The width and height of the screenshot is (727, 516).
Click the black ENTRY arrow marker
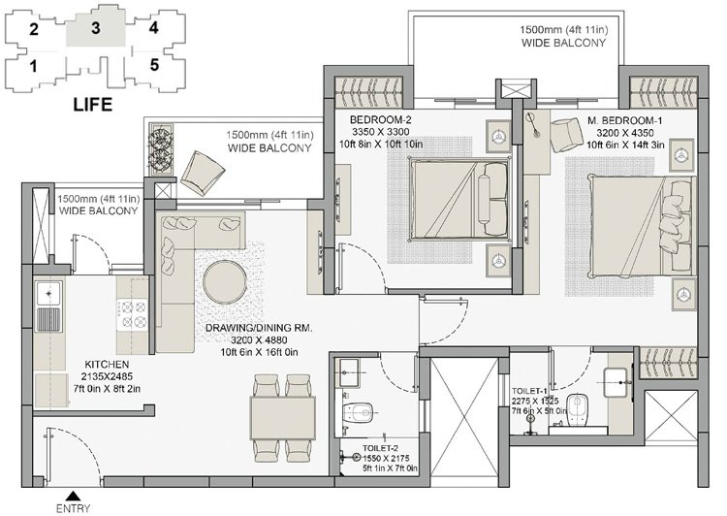(73, 496)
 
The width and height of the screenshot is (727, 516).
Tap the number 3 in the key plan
(96, 28)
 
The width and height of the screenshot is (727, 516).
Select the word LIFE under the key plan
(93, 105)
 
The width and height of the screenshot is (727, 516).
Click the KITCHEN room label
(107, 365)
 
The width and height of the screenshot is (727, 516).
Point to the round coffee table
(225, 282)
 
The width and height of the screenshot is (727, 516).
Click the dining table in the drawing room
(283, 418)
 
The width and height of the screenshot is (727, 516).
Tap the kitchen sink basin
(48, 293)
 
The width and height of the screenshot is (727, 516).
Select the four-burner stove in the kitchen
(132, 314)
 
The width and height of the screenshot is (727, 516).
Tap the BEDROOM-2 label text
(381, 119)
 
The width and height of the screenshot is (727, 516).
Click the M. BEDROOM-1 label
(625, 120)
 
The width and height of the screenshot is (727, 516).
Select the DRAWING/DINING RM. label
(259, 328)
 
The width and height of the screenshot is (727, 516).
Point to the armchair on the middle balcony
(203, 173)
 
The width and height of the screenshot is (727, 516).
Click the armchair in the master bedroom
(567, 135)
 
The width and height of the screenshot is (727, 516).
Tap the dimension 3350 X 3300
(381, 132)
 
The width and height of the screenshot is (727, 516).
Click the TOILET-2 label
(380, 448)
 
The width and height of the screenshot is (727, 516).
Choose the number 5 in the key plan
(154, 65)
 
